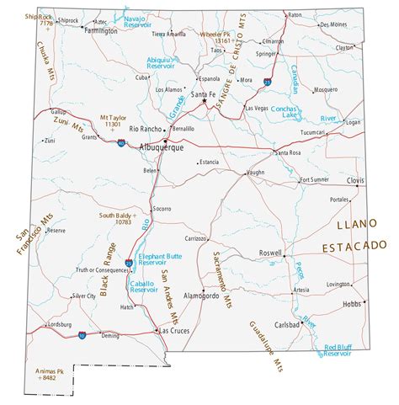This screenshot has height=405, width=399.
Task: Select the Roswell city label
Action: pos(269,252)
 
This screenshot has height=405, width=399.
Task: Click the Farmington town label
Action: pos(102,30)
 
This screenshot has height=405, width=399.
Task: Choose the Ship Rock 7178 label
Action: pos(40,19)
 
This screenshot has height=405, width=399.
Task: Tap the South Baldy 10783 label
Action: pos(117,219)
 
